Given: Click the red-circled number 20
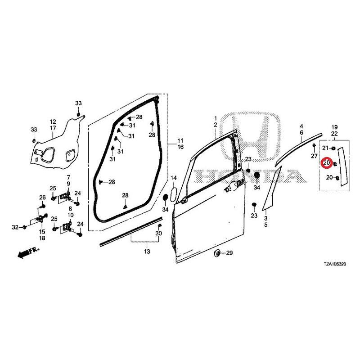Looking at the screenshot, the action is click(x=327, y=163).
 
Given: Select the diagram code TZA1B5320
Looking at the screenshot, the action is click(x=335, y=264).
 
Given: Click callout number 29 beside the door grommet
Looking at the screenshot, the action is click(x=229, y=253).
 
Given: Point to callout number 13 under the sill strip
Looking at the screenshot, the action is click(x=147, y=252).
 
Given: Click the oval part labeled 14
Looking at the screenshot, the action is click(x=174, y=195).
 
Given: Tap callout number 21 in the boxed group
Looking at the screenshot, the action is click(x=325, y=148).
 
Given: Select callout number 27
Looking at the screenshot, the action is click(x=314, y=156).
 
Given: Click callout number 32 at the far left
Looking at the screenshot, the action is click(x=15, y=227).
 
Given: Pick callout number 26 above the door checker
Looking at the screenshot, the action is click(x=42, y=197).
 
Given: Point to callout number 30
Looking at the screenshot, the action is click(x=159, y=233).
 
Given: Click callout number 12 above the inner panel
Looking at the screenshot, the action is click(x=53, y=121).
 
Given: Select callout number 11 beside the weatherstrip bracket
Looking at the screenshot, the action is click(x=180, y=140).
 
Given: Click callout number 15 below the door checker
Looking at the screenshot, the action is click(x=42, y=232).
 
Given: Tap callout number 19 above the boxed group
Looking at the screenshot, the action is click(x=334, y=127).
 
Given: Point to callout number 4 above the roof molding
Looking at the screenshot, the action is click(x=301, y=126).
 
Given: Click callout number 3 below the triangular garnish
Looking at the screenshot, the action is click(x=265, y=218).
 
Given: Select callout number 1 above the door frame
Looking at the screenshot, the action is click(x=216, y=118).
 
